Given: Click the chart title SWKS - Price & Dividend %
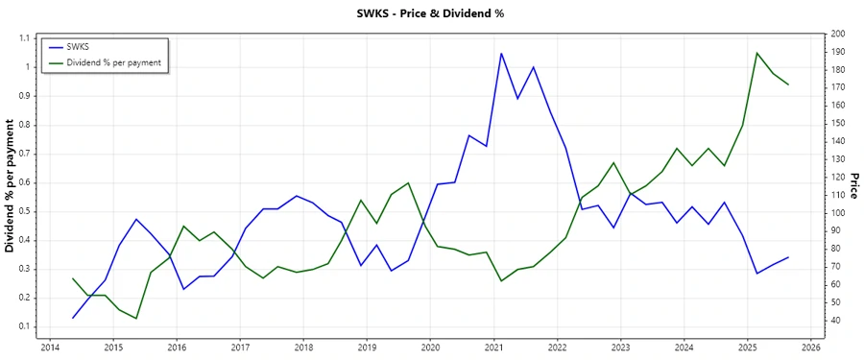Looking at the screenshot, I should [x=430, y=13].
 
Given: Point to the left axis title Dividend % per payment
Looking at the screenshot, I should [x=11, y=186].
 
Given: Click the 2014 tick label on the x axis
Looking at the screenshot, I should [x=50, y=348].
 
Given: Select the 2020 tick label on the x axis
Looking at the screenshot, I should [x=430, y=348].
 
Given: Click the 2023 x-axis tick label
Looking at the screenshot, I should [x=621, y=348].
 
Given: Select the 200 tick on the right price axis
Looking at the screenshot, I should [x=838, y=35].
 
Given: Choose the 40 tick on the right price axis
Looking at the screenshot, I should [x=835, y=320].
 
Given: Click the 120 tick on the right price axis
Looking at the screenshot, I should [x=838, y=178].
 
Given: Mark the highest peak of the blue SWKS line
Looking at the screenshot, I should [x=501, y=54].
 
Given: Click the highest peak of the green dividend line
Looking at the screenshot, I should [x=756, y=53].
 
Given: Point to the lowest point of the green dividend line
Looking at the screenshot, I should [x=136, y=319].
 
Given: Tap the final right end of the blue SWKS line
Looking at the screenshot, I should [x=788, y=257].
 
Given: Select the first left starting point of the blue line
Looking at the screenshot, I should [x=73, y=318].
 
